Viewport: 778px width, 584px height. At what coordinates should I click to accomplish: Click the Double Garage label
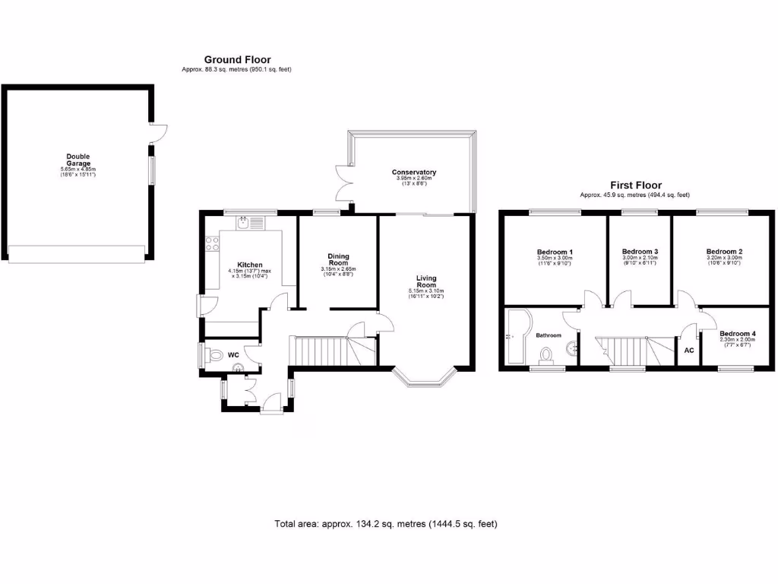coord(77,160)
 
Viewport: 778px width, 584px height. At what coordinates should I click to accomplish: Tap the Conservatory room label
coord(414,173)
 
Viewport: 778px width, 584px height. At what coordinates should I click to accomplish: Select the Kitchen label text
coord(250,265)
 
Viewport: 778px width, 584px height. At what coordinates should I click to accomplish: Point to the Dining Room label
coord(338,259)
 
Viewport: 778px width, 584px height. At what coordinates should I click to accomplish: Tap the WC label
coord(233,355)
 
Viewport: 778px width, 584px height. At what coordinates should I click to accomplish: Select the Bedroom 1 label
coord(555,252)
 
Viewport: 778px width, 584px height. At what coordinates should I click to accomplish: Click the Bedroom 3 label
coord(640,252)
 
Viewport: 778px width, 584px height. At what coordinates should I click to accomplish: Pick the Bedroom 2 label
coord(724,252)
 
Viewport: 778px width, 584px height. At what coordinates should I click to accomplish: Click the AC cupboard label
coord(689,351)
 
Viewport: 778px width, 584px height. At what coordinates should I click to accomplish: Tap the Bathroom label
coord(549,335)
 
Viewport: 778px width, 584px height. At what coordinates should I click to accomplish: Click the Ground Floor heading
coord(237,59)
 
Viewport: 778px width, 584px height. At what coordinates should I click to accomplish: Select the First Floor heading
coord(636,185)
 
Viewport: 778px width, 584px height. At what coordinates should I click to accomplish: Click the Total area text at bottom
coord(386,524)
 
